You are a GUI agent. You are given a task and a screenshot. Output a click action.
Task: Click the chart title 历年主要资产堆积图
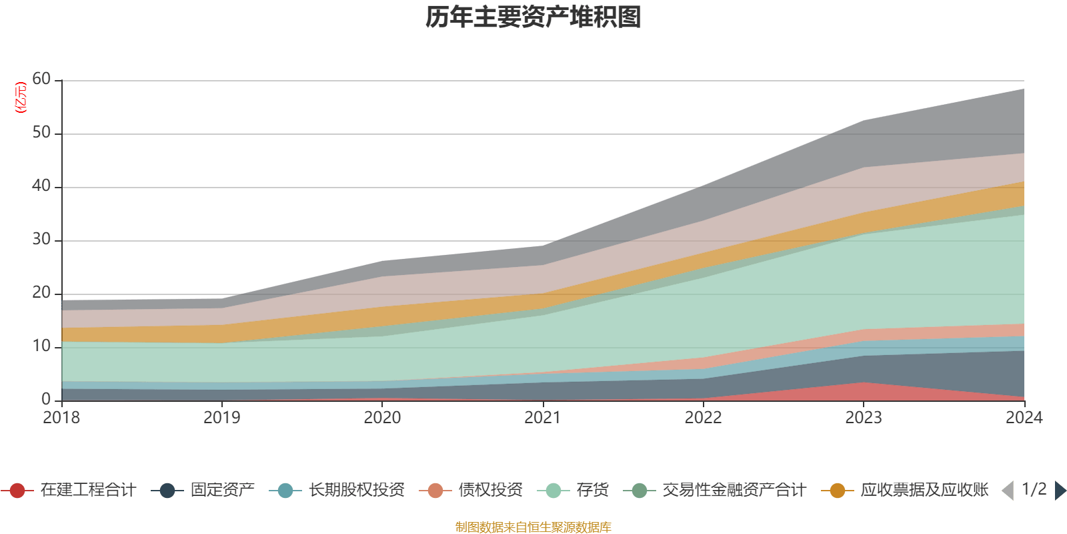pyautogui.click(x=533, y=17)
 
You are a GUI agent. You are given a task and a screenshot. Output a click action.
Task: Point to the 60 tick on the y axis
pyautogui.click(x=41, y=79)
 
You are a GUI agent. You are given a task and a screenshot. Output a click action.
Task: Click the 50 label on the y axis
pyautogui.click(x=41, y=133)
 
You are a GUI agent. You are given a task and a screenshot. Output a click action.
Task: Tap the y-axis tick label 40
pyautogui.click(x=41, y=186)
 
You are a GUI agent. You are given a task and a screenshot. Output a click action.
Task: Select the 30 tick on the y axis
pyautogui.click(x=41, y=240)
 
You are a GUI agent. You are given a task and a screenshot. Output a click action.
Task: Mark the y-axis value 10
pyautogui.click(x=41, y=346)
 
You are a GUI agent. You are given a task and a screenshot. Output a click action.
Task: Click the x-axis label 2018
pyautogui.click(x=61, y=418)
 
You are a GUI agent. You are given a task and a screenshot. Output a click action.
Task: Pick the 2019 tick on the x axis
pyautogui.click(x=221, y=418)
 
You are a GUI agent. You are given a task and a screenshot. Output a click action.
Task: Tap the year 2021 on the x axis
pyautogui.click(x=543, y=418)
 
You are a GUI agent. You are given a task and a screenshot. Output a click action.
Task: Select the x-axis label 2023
pyautogui.click(x=864, y=418)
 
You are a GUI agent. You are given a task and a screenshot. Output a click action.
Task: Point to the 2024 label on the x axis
pyautogui.click(x=1024, y=418)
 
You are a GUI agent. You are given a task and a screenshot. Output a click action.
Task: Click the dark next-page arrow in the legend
pyautogui.click(x=1060, y=491)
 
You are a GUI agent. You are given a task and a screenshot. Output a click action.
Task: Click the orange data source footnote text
pyautogui.click(x=533, y=527)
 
